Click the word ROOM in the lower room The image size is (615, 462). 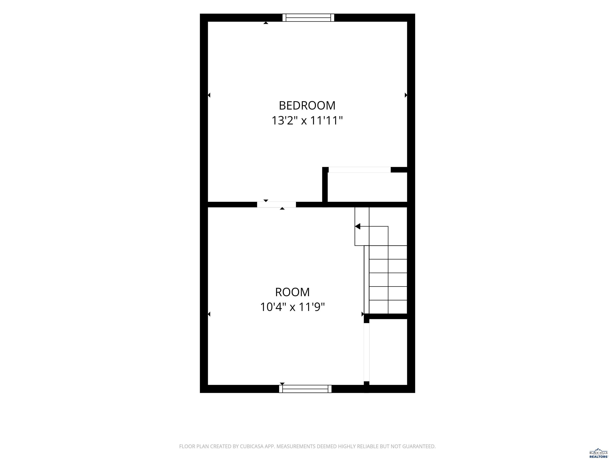292,292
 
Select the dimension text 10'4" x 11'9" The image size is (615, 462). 292,307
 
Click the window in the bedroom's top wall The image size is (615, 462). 308,17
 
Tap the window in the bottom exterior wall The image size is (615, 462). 305,389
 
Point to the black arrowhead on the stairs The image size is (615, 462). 358,226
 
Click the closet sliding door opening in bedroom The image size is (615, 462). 360,170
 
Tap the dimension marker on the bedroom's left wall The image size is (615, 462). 209,95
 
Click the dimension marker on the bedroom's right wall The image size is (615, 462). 406,95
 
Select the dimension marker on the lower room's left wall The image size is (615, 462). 209,314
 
